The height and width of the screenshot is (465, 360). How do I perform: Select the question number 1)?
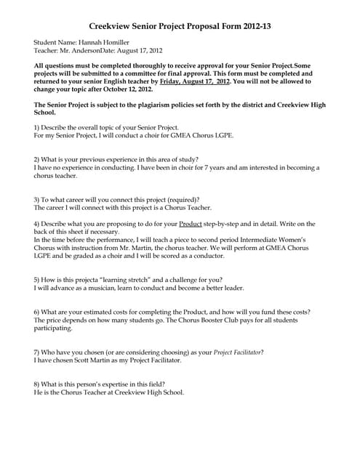pos(38,128)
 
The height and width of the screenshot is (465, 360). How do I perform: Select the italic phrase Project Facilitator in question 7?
pos(237,352)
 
